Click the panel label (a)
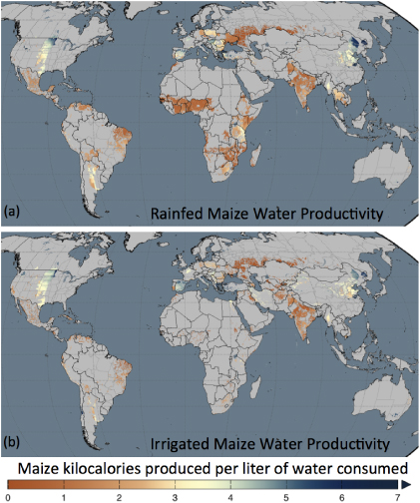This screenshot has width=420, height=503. pos(13,211)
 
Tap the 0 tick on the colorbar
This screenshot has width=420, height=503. pos(8,496)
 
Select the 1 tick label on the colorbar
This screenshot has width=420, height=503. pos(63,496)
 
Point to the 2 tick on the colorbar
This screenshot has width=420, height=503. pos(119,496)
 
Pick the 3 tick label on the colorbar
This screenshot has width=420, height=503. pos(175,496)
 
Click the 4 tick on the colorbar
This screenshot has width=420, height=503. pos(230,496)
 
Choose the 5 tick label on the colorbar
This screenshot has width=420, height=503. pos(286,496)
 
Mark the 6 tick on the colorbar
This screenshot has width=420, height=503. pos(342,496)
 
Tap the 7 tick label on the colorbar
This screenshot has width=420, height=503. pos(397,496)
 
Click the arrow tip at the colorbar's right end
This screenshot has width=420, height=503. pos(406,482)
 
